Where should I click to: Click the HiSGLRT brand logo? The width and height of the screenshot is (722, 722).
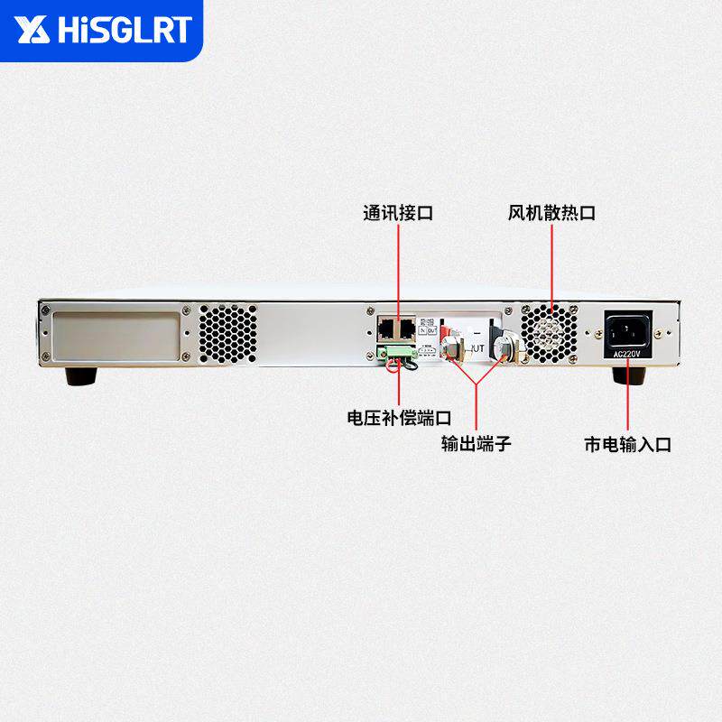click(x=104, y=31)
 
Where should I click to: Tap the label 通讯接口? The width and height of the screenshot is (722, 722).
click(x=398, y=214)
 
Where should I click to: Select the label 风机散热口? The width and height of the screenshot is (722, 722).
click(x=551, y=214)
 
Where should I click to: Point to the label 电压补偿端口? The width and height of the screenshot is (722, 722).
click(x=398, y=419)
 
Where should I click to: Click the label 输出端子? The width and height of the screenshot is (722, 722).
click(x=477, y=443)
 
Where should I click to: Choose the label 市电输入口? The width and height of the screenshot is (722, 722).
click(x=627, y=444)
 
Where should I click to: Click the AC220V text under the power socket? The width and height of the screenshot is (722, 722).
click(x=625, y=355)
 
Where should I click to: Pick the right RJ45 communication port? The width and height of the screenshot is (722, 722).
click(x=407, y=326)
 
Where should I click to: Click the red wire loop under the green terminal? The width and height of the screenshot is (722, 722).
click(x=394, y=365)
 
